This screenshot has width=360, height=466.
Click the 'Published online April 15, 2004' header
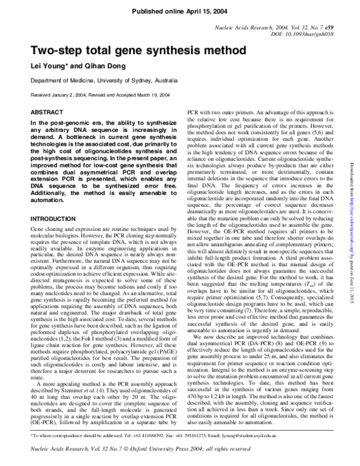(179, 11)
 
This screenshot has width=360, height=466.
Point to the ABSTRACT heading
(47, 112)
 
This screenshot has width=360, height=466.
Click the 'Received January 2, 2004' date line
(59, 95)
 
